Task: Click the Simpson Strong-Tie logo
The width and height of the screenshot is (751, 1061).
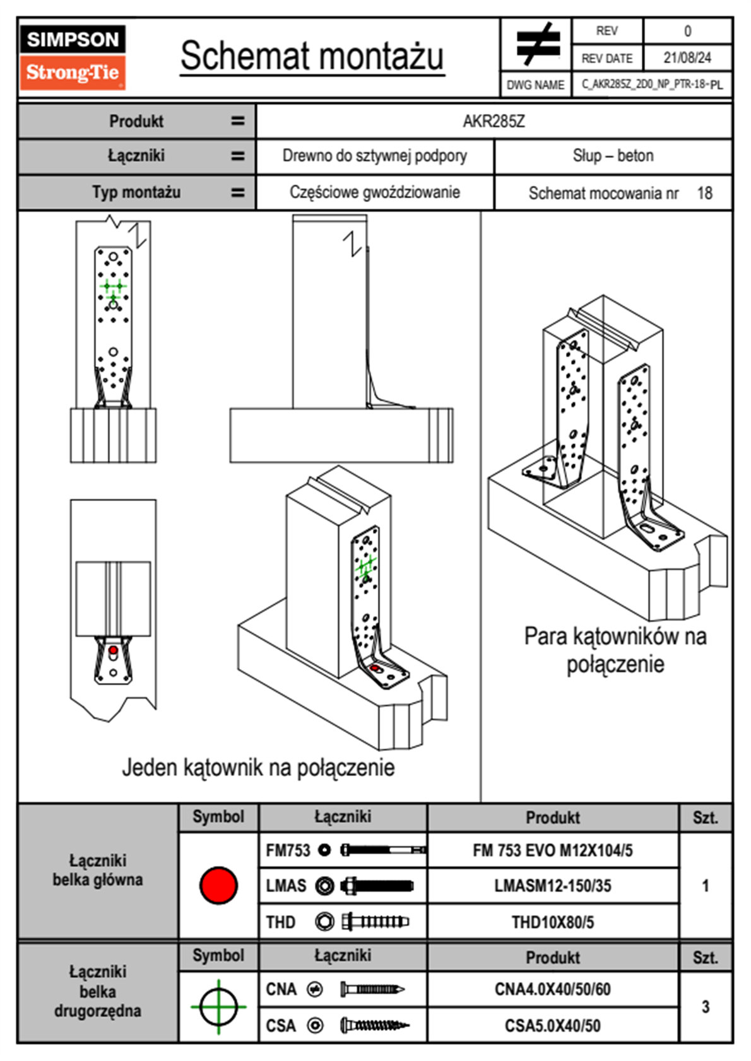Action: pos(73,57)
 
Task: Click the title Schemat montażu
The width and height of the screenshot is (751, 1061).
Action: pos(312,56)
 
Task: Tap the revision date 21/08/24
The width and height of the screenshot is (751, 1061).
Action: pos(687,58)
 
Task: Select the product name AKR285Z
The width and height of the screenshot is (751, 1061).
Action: pos(494,122)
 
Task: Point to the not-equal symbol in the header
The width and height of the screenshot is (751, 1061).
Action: pos(537,44)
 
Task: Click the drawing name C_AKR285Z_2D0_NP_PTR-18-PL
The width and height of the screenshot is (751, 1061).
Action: pos(652,85)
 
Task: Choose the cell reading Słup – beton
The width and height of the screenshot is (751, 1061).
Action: pos(613,156)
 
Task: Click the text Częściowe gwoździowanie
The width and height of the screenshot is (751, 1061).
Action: pos(375,192)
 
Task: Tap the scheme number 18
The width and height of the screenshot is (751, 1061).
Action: pos(704,193)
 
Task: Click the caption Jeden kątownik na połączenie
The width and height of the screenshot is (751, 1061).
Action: pos(258,768)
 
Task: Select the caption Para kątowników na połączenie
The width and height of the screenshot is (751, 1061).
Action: pos(615,650)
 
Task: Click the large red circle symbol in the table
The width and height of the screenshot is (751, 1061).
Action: pos(218,885)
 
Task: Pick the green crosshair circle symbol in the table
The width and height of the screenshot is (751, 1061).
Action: pos(218,1007)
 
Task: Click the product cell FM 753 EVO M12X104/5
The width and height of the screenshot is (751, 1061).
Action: pos(552,851)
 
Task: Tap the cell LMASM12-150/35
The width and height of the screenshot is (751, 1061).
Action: pos(552,886)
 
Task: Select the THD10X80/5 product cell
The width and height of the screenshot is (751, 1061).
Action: pos(552,922)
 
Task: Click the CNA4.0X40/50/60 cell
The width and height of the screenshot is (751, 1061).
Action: pos(552,989)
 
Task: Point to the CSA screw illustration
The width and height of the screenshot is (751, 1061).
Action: pos(374,1026)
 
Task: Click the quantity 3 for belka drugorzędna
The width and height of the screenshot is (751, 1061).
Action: pos(705,1007)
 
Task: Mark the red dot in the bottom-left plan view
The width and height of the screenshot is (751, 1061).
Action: pos(113,650)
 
